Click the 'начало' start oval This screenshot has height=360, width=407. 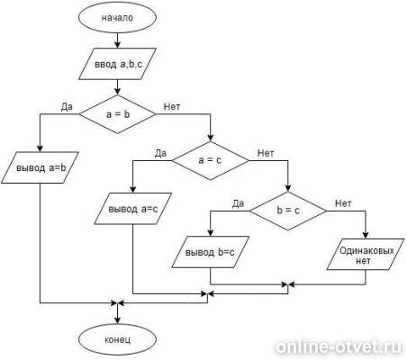click(x=117, y=17)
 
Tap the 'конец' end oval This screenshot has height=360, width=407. click(x=117, y=340)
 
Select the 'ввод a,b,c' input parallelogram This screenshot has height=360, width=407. click(x=117, y=64)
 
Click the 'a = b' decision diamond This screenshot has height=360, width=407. click(x=117, y=114)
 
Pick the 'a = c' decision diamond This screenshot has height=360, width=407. click(x=211, y=160)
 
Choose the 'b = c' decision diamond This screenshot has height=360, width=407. click(x=288, y=211)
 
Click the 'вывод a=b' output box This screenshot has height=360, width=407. click(x=41, y=167)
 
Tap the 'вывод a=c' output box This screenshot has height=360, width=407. click(x=133, y=209)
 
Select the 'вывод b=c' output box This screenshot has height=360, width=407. click(x=211, y=252)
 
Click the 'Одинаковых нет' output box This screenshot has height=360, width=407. click(x=366, y=255)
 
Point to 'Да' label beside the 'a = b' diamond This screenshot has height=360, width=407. click(x=67, y=107)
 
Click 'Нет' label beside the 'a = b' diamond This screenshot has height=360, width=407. click(x=172, y=106)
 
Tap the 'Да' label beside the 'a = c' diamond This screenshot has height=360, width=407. click(x=160, y=153)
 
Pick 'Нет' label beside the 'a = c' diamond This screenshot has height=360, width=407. click(x=266, y=153)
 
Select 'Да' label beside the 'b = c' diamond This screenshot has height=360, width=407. click(x=238, y=203)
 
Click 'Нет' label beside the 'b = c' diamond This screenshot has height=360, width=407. click(x=343, y=203)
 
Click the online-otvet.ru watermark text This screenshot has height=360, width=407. click(x=339, y=347)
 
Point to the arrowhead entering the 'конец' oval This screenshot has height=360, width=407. click(x=117, y=322)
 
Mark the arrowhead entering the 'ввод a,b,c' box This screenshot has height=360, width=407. click(x=117, y=44)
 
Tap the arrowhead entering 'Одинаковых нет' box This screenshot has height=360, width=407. click(x=366, y=235)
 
